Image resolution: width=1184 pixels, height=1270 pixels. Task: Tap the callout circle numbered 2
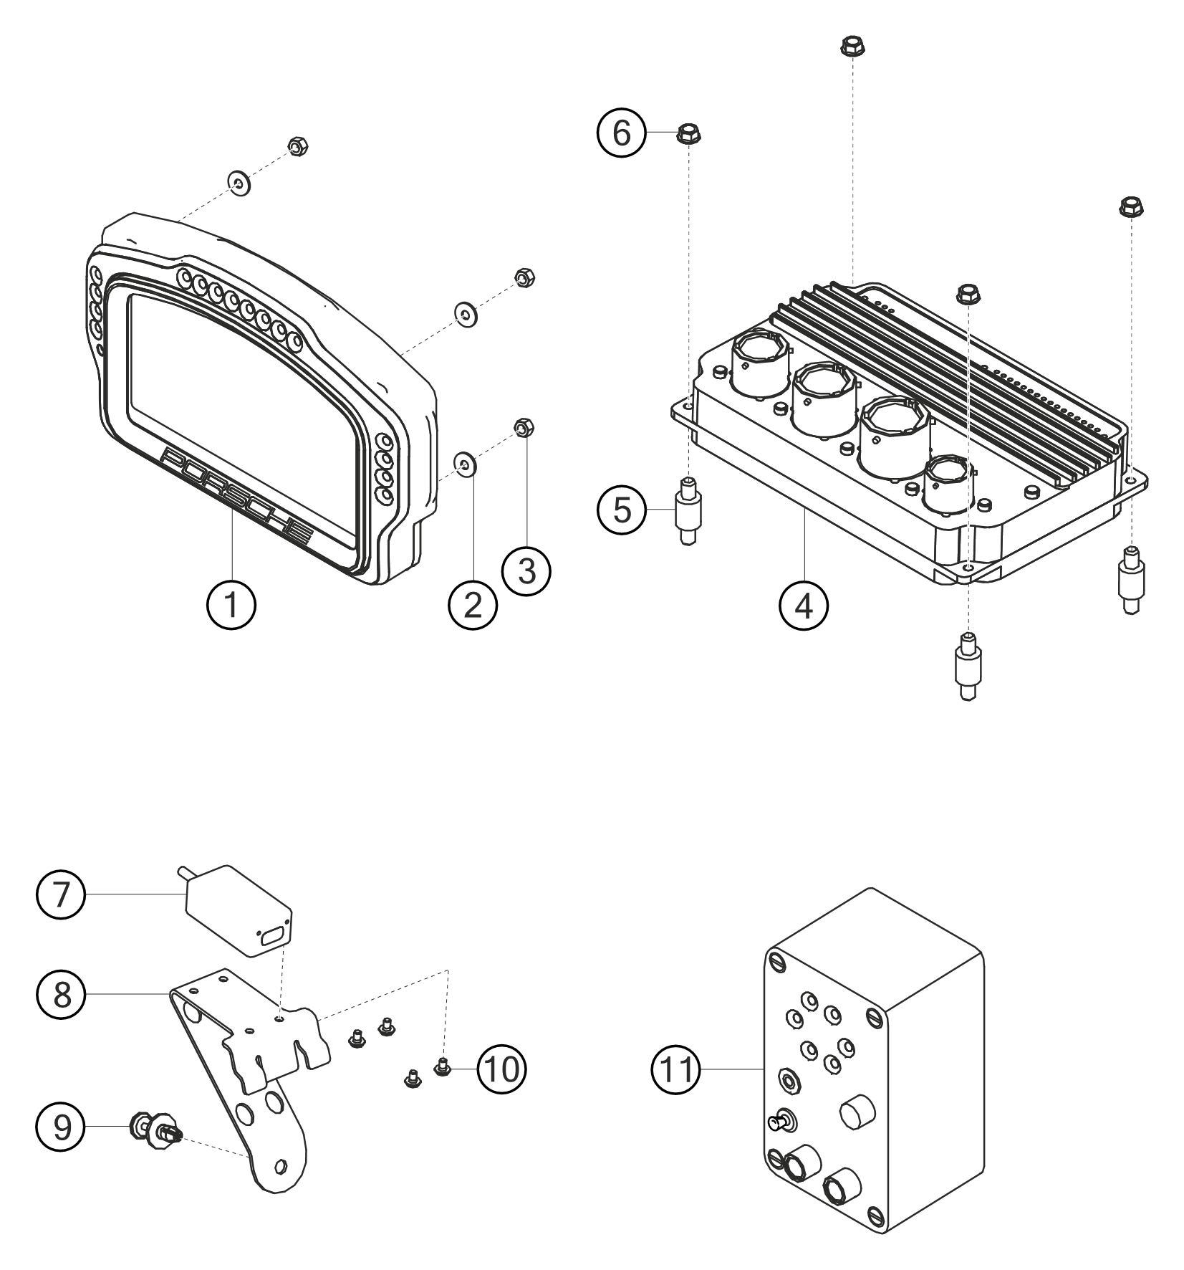(473, 606)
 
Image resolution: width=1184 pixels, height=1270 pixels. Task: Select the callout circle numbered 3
(526, 571)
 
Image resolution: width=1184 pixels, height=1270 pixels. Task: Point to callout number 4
(804, 606)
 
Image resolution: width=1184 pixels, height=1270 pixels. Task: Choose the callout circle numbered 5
(622, 511)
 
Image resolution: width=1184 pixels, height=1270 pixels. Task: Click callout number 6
(622, 133)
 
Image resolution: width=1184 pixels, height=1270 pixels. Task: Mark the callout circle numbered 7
(62, 895)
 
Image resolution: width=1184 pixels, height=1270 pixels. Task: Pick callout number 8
(62, 995)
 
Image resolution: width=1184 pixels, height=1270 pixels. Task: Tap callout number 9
(62, 1127)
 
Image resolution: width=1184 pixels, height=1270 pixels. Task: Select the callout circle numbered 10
(501, 1069)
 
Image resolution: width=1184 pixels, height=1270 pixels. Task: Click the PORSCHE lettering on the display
(238, 498)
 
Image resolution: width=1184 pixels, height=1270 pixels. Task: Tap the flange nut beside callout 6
(688, 133)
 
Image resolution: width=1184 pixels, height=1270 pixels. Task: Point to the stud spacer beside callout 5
(688, 511)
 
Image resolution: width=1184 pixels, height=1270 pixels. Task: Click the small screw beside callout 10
(443, 1069)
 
